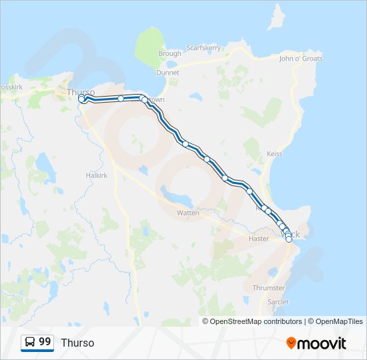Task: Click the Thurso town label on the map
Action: (81, 91)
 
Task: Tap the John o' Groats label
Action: (300, 59)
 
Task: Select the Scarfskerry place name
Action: (204, 48)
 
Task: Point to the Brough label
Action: (169, 53)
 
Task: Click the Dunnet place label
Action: (167, 73)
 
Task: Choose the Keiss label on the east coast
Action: (274, 154)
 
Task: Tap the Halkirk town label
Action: (97, 175)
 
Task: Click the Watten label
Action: (188, 213)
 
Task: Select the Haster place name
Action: (258, 238)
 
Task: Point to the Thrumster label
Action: (269, 288)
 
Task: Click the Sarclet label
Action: (278, 302)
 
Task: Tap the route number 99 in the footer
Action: (45, 341)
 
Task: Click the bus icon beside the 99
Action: (30, 342)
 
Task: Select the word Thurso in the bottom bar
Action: (77, 343)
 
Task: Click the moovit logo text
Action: (322, 343)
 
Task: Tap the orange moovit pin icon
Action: (292, 343)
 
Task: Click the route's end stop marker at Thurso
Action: (81, 99)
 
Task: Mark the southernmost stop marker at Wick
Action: (289, 239)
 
